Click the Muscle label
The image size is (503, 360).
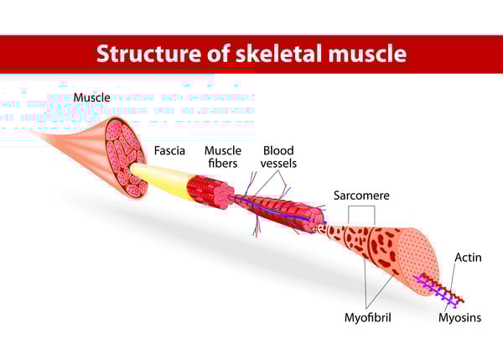click(x=92, y=97)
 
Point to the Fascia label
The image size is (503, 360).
click(x=171, y=152)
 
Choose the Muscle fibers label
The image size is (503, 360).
click(x=224, y=157)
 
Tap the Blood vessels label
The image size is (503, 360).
click(x=279, y=157)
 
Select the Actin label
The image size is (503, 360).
click(x=468, y=256)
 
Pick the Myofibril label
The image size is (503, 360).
click(x=367, y=318)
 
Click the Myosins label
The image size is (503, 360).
click(x=460, y=318)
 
